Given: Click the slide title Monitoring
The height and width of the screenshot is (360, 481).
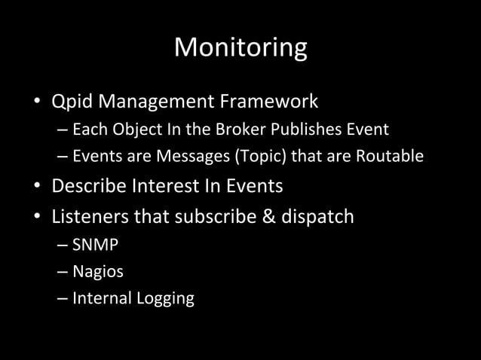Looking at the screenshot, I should pos(240,47).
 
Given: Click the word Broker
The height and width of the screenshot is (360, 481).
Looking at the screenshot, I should pos(240,130).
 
